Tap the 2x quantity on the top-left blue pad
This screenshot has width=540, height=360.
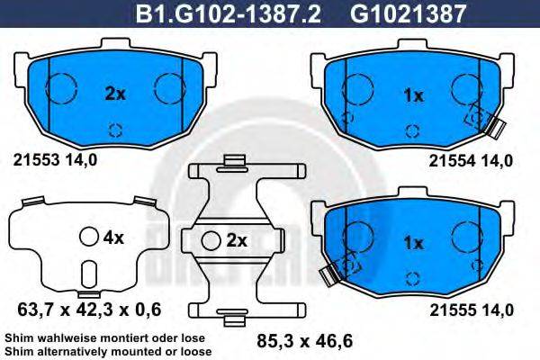(x=114, y=93)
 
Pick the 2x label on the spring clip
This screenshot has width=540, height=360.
(x=236, y=240)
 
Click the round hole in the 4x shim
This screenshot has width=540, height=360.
(x=88, y=238)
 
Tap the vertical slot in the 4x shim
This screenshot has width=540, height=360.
(x=88, y=274)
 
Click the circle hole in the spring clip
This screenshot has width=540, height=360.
(x=212, y=240)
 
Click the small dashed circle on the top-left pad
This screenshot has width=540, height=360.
(x=114, y=128)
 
